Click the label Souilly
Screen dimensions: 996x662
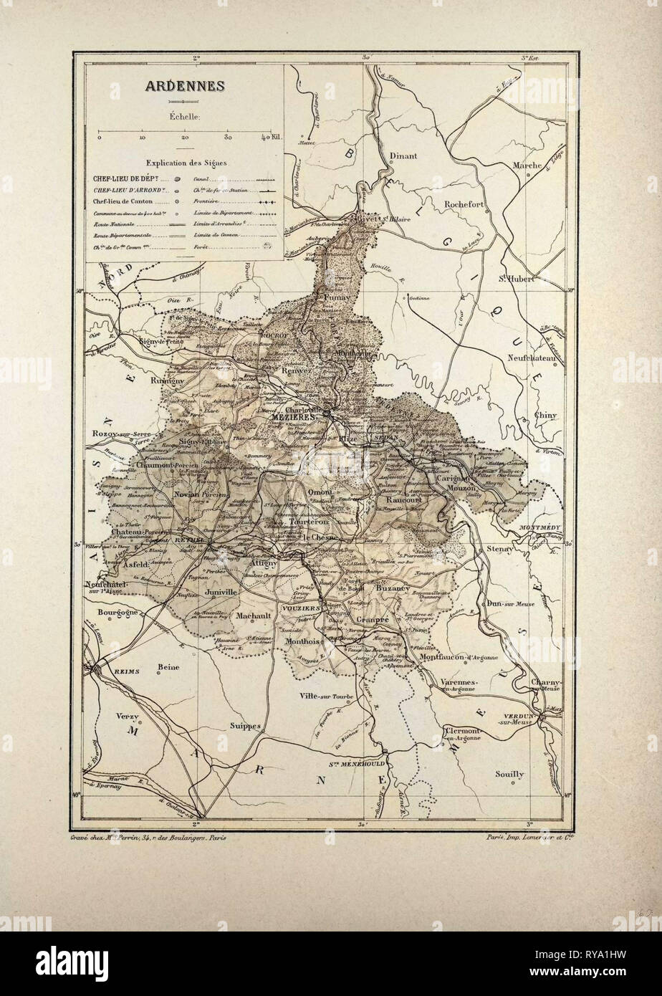[x=509, y=774]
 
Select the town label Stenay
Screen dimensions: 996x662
[x=497, y=548]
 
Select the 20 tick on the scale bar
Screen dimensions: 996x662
[x=185, y=136]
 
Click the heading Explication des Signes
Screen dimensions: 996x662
[x=186, y=163]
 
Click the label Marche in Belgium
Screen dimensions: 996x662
[x=526, y=166]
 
